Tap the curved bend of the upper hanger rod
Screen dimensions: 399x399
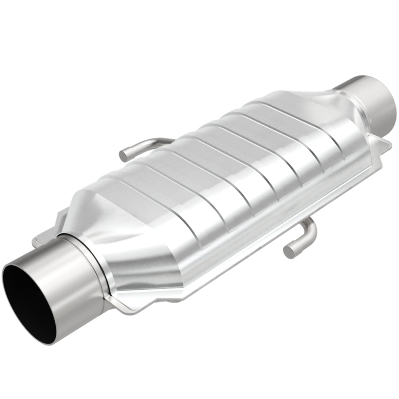click(x=140, y=144)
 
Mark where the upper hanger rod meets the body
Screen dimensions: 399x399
click(x=168, y=140)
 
